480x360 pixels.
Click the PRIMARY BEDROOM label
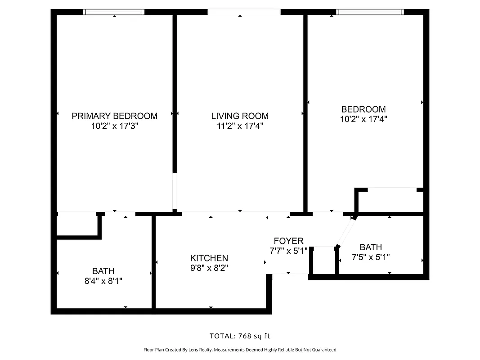(x=114, y=116)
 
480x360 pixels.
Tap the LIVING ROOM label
(x=240, y=116)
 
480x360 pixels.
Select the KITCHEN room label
(x=209, y=258)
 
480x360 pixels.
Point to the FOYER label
(x=288, y=241)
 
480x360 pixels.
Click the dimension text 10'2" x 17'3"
(x=114, y=126)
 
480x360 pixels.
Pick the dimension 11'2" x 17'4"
(x=240, y=126)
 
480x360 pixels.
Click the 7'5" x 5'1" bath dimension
(x=371, y=257)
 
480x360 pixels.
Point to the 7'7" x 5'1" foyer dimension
(x=288, y=251)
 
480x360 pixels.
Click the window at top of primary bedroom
(x=114, y=12)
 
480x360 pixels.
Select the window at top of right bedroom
(x=370, y=12)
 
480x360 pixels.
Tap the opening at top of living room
(x=244, y=12)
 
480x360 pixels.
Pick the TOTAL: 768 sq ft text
(x=240, y=336)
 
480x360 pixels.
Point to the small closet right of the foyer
(x=323, y=261)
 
